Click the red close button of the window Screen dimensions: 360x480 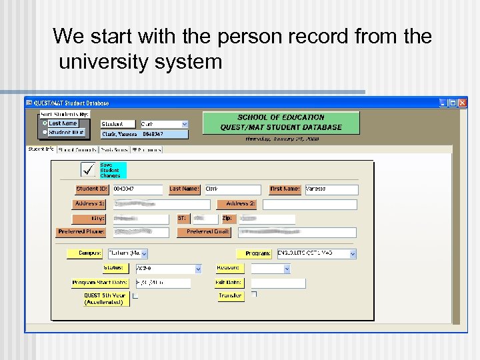[x=462, y=103]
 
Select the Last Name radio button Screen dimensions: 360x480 [x=45, y=123]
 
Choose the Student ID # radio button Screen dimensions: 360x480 [x=45, y=132]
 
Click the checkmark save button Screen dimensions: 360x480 [x=88, y=169]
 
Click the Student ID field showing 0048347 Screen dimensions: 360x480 [x=137, y=189]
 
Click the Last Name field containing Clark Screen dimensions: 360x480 [x=231, y=189]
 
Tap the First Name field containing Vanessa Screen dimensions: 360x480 [x=330, y=189]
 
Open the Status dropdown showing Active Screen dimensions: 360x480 [x=197, y=269]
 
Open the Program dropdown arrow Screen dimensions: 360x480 [x=353, y=254]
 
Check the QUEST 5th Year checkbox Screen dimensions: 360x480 [x=135, y=296]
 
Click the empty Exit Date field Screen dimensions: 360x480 [x=278, y=283]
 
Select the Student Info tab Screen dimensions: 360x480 [x=41, y=149]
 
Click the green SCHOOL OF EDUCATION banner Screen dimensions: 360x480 [x=281, y=123]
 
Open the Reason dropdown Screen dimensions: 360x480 [x=287, y=269]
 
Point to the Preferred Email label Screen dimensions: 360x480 [x=204, y=232]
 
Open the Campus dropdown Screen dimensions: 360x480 [x=144, y=254]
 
